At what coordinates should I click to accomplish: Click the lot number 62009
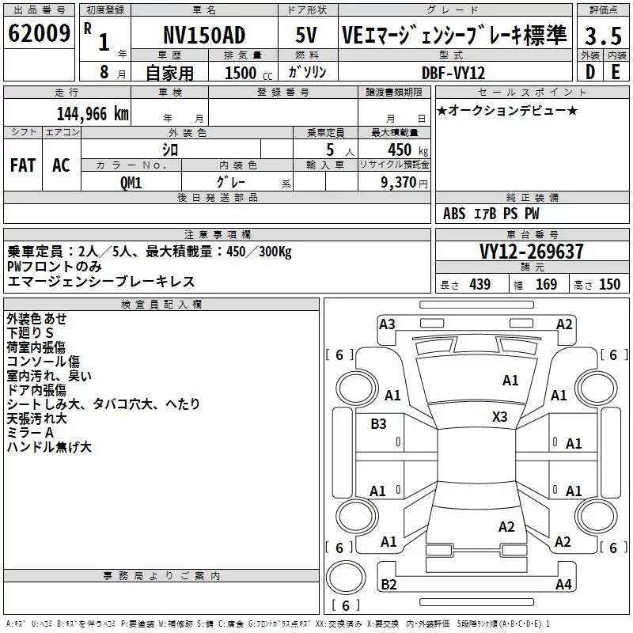pos(39,34)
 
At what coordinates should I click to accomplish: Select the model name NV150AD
pos(203,36)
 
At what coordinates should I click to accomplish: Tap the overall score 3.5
pos(602,36)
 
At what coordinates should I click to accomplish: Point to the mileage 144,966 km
pos(92,113)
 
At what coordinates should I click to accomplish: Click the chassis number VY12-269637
pos(532,252)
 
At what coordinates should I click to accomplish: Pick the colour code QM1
pos(131,181)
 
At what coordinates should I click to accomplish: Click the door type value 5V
pos(306,36)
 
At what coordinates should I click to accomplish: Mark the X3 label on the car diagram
pos(500,417)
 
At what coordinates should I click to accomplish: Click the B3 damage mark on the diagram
pos(378,424)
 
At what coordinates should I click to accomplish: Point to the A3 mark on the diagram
pos(387,324)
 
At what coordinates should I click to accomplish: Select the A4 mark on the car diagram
pos(563,585)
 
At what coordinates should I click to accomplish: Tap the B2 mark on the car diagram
pos(389,585)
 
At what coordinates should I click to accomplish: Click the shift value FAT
pos(22,165)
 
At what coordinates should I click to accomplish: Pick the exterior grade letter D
pos(589,72)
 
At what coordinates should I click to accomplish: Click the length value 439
pos(479,285)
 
